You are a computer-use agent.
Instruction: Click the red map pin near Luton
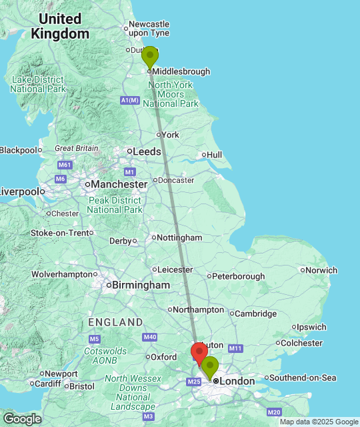point(199,352)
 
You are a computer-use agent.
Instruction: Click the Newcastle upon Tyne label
point(149,28)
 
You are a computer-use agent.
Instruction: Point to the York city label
point(170,135)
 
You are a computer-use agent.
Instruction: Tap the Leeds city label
point(147,151)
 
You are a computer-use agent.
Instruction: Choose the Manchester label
point(119,184)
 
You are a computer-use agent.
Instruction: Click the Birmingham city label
point(141,285)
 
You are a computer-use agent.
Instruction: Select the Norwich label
point(322,270)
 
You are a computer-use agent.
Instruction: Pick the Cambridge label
point(255,314)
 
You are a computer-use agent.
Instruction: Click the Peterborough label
point(239,276)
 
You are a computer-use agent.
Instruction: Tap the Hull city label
point(214,155)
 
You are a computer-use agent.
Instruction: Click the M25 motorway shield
point(194,382)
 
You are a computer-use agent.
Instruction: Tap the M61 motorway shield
point(65,164)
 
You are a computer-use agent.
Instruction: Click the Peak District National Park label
point(115,205)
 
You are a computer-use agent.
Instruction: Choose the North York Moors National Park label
point(171,94)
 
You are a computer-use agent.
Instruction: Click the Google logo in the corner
point(21,418)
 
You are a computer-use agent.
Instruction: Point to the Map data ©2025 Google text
point(319,422)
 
